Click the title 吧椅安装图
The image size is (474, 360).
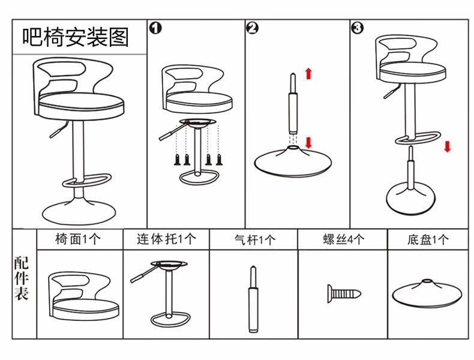(76, 37)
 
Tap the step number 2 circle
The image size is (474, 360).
(253, 28)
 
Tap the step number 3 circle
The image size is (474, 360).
(357, 28)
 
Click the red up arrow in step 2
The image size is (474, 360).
(308, 74)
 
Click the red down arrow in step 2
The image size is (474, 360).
(308, 143)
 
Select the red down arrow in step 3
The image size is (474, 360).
(447, 147)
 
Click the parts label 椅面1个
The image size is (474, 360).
(79, 239)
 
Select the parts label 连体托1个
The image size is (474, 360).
(166, 239)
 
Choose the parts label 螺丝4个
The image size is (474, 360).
(343, 239)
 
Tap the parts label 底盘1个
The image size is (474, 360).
(428, 240)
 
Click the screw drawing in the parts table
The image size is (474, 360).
(343, 293)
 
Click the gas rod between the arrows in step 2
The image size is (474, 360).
(292, 108)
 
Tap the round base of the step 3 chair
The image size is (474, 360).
(411, 198)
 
